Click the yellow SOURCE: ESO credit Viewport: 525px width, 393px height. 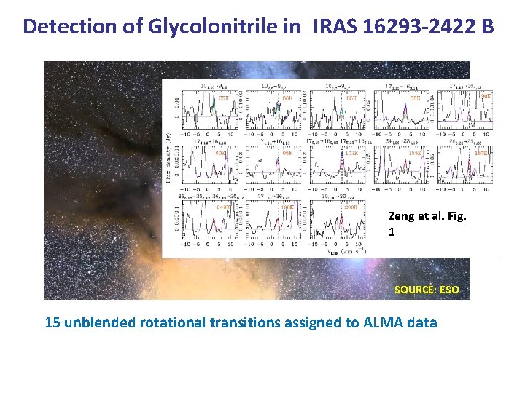pos(427,290)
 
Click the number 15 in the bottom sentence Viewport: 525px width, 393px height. pos(52,322)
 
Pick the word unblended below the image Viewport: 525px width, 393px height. pos(100,322)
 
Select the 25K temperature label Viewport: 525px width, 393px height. pos(224,97)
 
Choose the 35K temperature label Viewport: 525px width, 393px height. pos(351,97)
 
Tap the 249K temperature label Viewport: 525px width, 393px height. pos(223,207)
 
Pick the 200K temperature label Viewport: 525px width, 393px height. pos(351,207)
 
